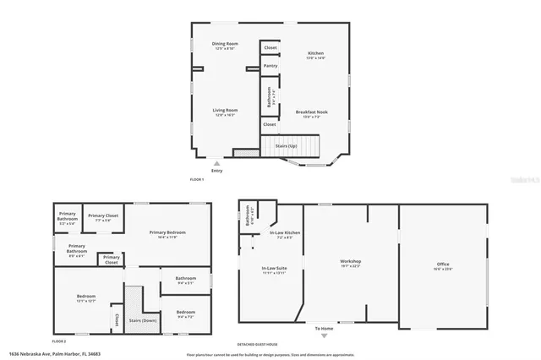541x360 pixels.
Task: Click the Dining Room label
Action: click(224, 43)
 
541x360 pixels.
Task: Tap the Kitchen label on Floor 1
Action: click(315, 53)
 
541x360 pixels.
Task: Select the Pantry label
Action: click(270, 65)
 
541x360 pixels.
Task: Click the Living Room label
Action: click(225, 110)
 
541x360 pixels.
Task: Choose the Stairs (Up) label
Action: click(287, 146)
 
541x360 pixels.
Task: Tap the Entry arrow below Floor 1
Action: click(217, 164)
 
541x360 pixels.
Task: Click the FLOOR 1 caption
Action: click(198, 180)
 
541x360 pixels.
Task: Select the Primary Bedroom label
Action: click(167, 232)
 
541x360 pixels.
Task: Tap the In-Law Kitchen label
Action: click(285, 233)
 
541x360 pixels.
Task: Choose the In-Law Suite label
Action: click(274, 269)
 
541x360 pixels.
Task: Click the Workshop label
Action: click(350, 262)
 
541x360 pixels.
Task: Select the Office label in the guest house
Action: click(443, 265)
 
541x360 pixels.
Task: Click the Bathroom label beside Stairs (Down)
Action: click(186, 278)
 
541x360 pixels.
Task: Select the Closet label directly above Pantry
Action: click(270, 47)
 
